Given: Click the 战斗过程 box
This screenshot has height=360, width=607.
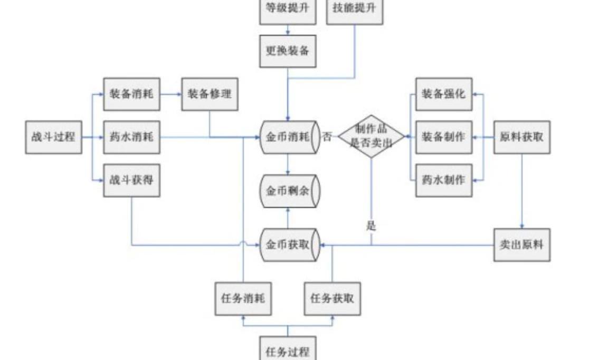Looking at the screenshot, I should (53, 137).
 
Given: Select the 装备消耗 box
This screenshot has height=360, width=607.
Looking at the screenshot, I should (131, 94).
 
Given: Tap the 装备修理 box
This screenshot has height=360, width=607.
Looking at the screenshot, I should (210, 94).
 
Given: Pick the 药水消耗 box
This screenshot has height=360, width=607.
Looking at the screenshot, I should (131, 137).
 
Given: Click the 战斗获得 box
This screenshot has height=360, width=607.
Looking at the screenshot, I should (131, 180).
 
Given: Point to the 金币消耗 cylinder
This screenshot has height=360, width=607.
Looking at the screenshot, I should (290, 137).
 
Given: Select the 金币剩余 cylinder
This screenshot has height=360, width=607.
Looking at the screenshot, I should (290, 190).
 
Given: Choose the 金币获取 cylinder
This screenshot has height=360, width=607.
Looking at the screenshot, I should (290, 245).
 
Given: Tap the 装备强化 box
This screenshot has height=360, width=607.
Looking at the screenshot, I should (444, 94).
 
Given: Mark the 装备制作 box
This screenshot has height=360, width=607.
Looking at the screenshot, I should (444, 137).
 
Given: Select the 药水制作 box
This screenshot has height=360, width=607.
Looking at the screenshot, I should (444, 180).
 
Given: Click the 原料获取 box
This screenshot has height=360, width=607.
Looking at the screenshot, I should (521, 137).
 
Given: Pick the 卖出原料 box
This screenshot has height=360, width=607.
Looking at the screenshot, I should (521, 245).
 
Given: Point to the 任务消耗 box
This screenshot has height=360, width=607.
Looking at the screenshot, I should (243, 299).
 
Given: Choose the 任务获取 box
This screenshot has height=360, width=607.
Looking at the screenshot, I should (333, 299).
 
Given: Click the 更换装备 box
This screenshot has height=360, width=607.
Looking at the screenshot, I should (288, 51).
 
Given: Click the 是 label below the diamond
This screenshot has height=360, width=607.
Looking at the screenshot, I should (371, 226).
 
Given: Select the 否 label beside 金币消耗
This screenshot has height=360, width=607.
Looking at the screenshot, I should (328, 137).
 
